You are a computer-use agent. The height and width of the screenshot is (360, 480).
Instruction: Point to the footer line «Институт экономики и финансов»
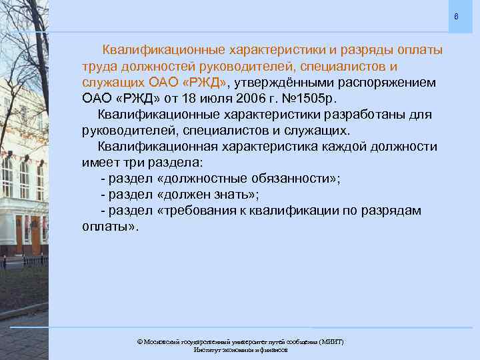tap(240, 350)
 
